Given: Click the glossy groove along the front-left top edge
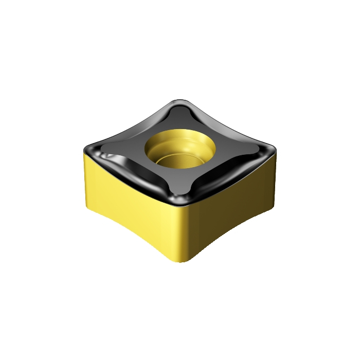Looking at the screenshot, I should (134, 177).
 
